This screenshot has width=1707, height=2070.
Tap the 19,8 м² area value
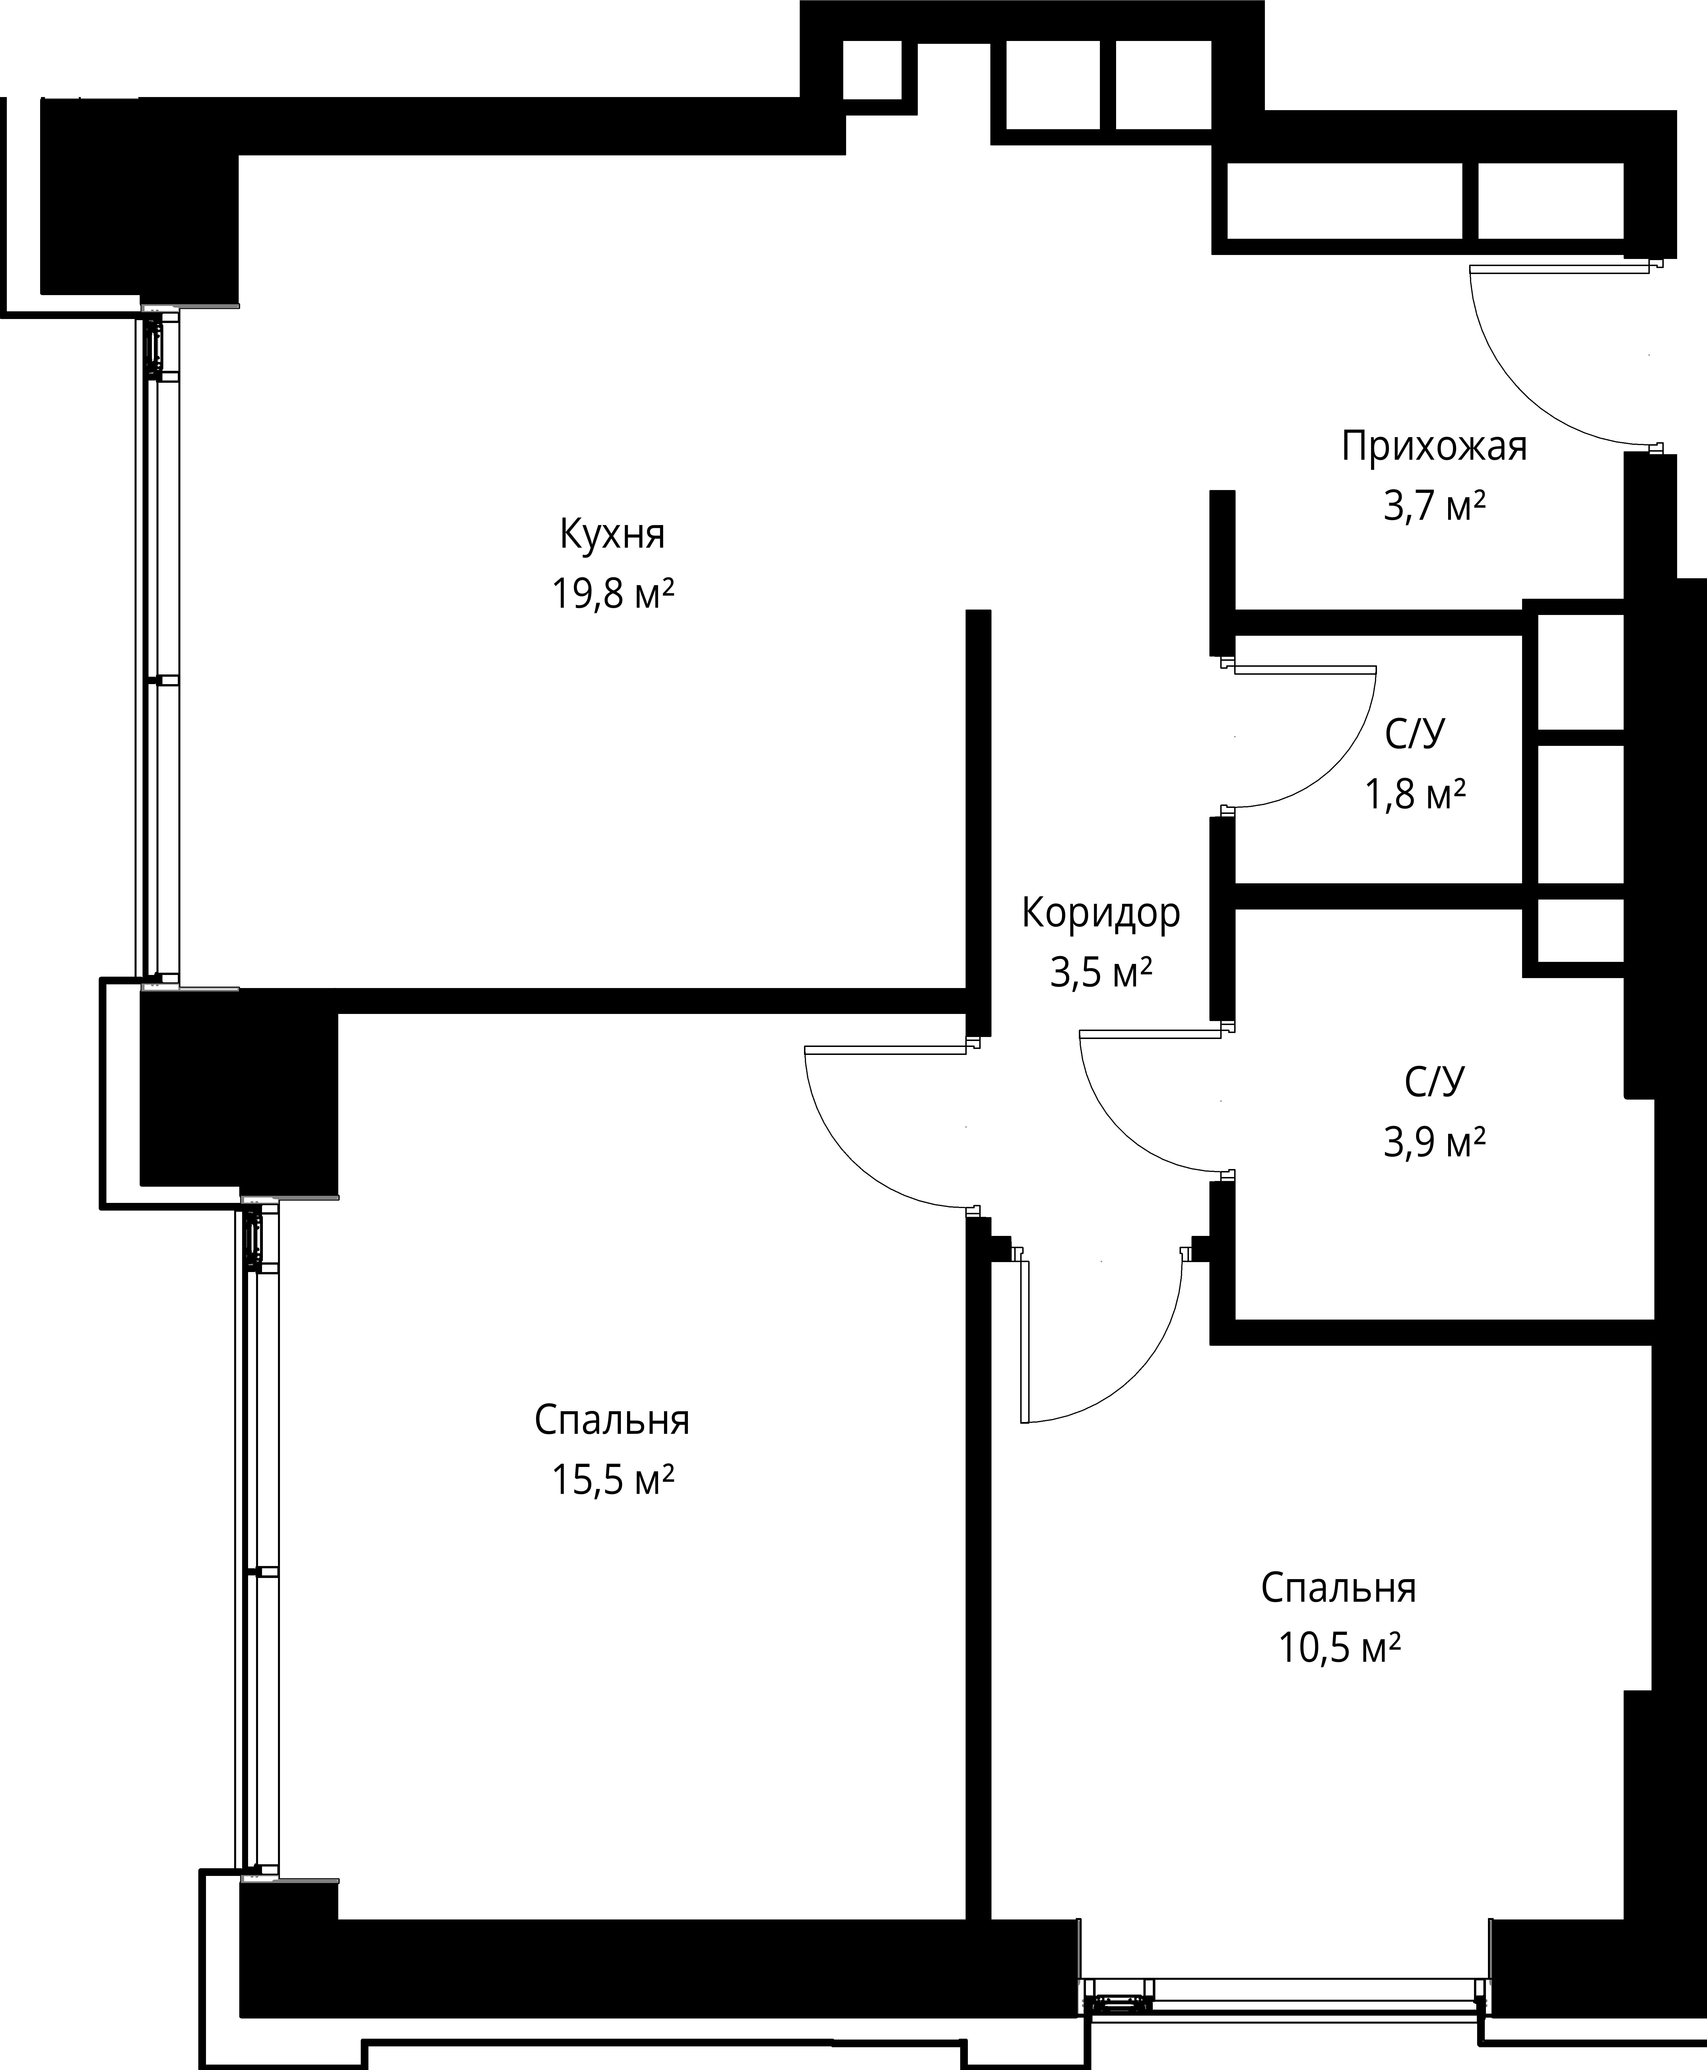[613, 594]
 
